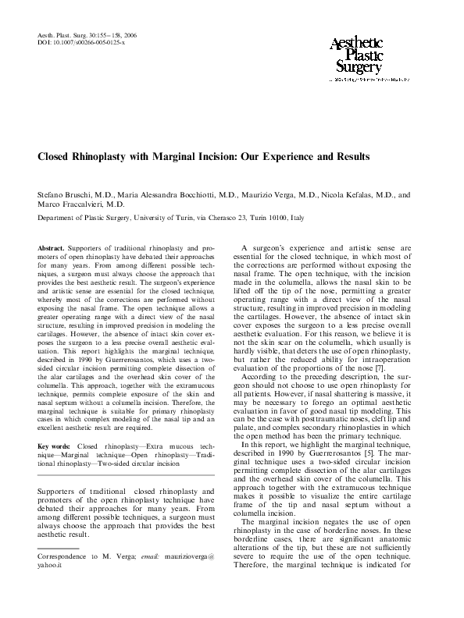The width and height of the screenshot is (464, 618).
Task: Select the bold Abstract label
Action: point(53,247)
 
